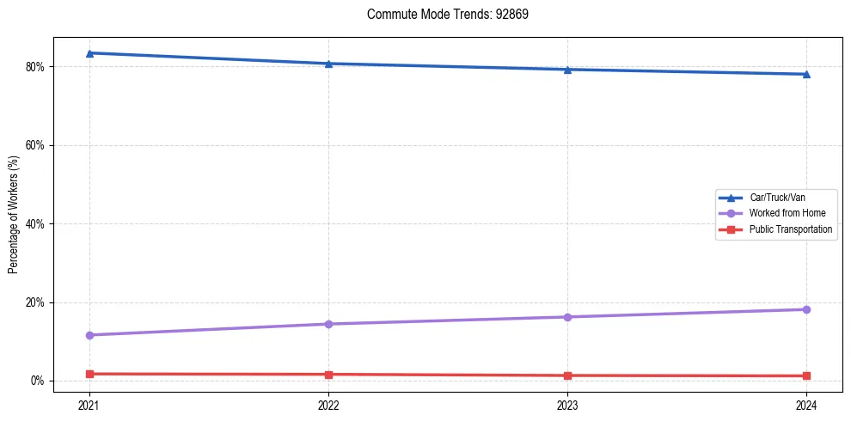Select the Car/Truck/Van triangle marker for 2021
[89, 53]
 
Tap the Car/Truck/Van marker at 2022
[328, 64]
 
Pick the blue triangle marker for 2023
[567, 70]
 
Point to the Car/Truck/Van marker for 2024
[806, 74]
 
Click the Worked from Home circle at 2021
[89, 335]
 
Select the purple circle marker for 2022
[328, 324]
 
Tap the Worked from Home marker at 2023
[567, 317]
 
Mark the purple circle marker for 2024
[806, 309]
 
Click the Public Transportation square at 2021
[89, 374]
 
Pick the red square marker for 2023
[567, 375]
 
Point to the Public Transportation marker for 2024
[806, 375]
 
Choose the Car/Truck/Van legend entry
[776, 198]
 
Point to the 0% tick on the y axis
[37, 381]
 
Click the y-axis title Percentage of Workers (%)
[13, 215]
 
